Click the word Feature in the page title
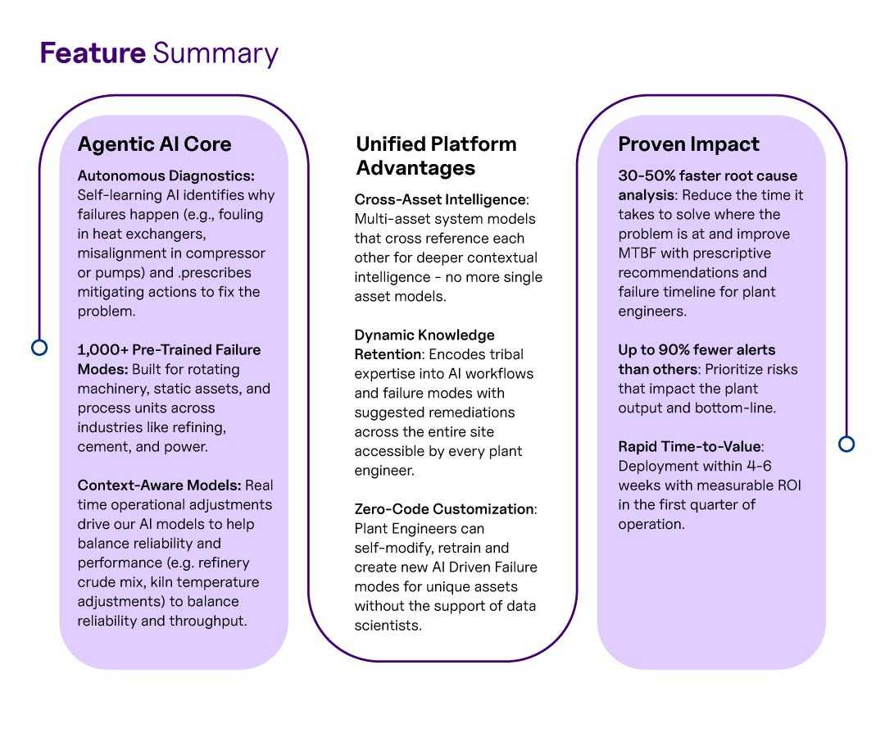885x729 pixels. (x=93, y=53)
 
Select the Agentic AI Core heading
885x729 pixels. (x=155, y=144)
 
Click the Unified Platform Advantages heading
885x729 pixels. (x=436, y=156)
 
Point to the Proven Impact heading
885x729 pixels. (x=688, y=144)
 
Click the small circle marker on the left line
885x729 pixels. (x=39, y=347)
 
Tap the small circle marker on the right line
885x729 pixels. (x=846, y=444)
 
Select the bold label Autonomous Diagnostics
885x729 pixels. (x=166, y=176)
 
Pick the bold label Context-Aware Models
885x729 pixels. (x=159, y=485)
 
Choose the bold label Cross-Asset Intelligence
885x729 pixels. (x=440, y=200)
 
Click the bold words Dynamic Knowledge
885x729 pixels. (x=424, y=335)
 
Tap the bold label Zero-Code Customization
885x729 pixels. (x=444, y=509)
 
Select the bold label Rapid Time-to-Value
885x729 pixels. (x=690, y=447)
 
